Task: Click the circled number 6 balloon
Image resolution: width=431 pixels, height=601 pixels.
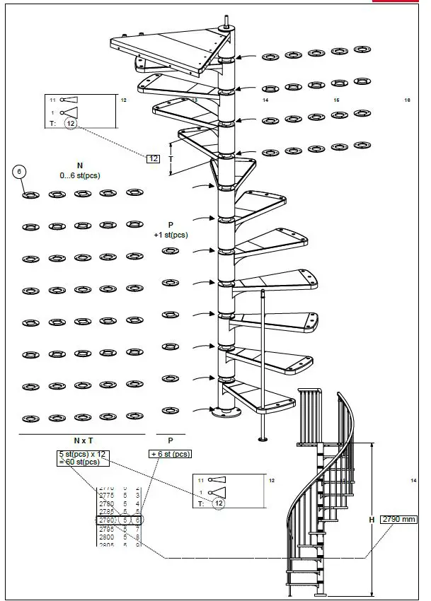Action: pos(21,172)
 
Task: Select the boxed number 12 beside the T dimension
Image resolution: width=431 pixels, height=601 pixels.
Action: pos(153,158)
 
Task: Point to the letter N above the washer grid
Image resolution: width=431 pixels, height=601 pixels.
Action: pos(79,165)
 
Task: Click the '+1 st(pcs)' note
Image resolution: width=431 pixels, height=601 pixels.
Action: pos(171,234)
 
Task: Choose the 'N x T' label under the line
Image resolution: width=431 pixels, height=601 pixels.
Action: pos(83,440)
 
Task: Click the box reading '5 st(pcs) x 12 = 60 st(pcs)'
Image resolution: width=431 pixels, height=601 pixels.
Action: pos(84,457)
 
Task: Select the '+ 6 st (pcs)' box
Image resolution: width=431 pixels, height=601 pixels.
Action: pos(170,454)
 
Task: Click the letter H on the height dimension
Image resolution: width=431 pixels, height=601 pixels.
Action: pos(372,520)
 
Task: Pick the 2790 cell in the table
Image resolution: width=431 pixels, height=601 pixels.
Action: pos(105,520)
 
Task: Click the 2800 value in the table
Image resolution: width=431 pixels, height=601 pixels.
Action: pos(105,537)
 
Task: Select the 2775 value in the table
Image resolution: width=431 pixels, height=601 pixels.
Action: pos(105,495)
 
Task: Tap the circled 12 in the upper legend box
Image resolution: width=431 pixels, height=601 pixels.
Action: pos(70,123)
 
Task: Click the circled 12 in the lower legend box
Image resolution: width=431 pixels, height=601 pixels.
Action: pos(219,503)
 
